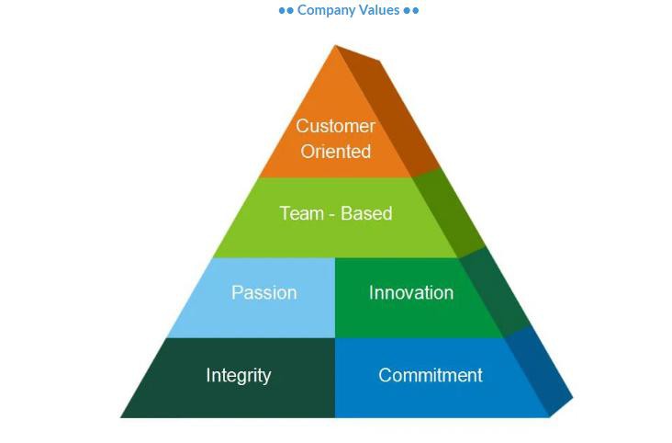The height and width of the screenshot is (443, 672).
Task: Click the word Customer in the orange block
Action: click(335, 126)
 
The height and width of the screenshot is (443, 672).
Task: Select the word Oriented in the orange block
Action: click(336, 151)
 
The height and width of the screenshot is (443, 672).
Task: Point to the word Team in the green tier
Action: click(301, 213)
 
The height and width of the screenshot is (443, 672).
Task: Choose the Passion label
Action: click(263, 292)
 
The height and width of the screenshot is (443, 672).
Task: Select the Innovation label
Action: click(410, 292)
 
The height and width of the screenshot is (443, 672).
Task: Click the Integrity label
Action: click(238, 375)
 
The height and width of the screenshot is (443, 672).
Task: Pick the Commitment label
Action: click(430, 375)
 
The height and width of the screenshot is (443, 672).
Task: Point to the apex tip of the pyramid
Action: click(337, 46)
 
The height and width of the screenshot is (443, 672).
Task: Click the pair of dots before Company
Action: click(286, 11)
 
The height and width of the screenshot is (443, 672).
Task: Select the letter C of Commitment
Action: click(385, 375)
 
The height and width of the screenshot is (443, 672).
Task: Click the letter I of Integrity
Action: click(208, 375)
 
